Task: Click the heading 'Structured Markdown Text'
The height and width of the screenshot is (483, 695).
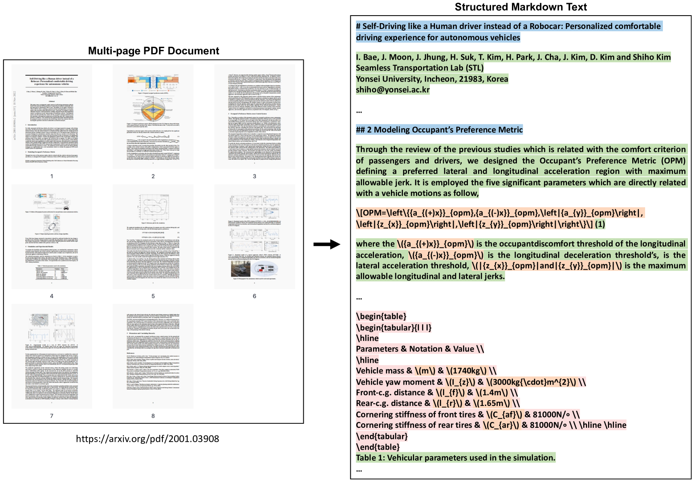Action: click(520, 7)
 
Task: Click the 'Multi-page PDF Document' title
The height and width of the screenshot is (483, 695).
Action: click(154, 51)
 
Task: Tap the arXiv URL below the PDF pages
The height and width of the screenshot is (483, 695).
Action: click(147, 439)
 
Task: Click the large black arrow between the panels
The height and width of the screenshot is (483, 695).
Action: click(326, 244)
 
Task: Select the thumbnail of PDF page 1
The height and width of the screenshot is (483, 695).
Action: click(52, 117)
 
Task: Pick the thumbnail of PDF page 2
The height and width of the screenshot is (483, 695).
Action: click(153, 117)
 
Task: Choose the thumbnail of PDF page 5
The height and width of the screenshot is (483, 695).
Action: click(153, 236)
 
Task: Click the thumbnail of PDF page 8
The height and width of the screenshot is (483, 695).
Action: click(153, 356)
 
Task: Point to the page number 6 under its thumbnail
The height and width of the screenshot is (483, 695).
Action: click(254, 296)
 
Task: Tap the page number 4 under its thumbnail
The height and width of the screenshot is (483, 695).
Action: click(52, 296)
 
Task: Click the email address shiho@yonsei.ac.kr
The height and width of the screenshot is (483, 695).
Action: click(393, 90)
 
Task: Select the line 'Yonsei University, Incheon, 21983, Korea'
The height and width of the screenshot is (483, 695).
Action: click(432, 79)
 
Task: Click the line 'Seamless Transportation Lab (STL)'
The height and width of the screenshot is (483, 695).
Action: click(419, 68)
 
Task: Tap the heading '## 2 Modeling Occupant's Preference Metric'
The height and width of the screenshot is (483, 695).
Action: click(439, 130)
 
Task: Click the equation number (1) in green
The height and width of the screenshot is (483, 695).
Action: click(600, 224)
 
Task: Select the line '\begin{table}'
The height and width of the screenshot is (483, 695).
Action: click(381, 317)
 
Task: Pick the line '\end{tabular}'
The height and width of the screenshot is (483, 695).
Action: click(382, 436)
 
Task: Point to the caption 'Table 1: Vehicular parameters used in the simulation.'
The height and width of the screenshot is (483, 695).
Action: click(455, 458)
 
